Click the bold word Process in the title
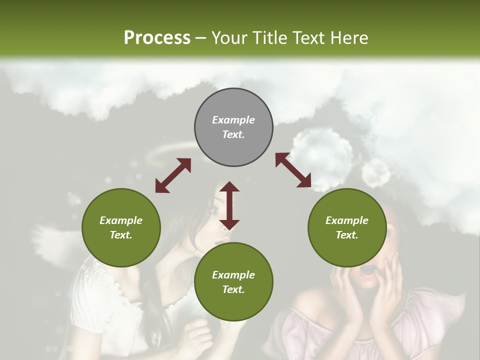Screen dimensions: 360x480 pos(157,37)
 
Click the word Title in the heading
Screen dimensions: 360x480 pos(269,37)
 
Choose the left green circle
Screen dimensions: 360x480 pos(121,227)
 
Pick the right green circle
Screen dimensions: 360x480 pos(347,227)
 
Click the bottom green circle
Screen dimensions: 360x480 pos(233,282)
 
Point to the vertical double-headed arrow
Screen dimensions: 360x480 pos(229,205)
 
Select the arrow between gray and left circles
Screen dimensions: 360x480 pos(173,175)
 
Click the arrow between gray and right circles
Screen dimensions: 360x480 pos(293,170)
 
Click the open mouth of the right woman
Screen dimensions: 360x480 pos(369,271)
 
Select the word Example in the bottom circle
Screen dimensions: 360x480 pos(233,274)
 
